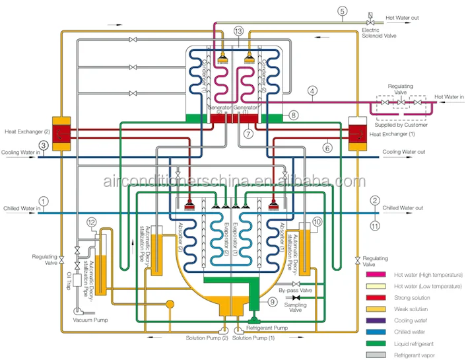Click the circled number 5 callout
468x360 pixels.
(342, 11)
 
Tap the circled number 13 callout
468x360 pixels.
(238, 31)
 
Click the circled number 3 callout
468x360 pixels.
(43, 146)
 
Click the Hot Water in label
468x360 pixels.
(449, 96)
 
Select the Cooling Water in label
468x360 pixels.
(20, 153)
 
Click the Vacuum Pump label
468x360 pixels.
(90, 320)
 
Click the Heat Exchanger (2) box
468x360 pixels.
(61, 133)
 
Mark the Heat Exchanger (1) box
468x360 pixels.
(356, 132)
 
